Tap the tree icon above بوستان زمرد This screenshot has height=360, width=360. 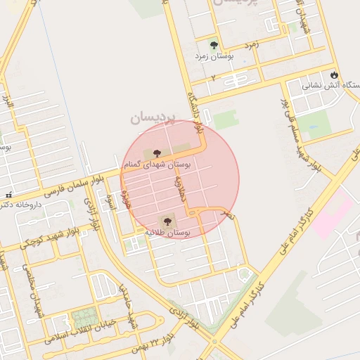tap(214, 44)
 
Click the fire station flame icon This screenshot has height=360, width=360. tap(333, 75)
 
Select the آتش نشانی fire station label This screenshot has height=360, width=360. tap(331, 86)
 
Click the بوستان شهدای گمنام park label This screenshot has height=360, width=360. tap(157, 164)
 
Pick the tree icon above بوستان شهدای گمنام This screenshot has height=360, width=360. tap(156, 153)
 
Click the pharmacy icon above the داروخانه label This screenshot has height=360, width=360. tap(8, 195)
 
